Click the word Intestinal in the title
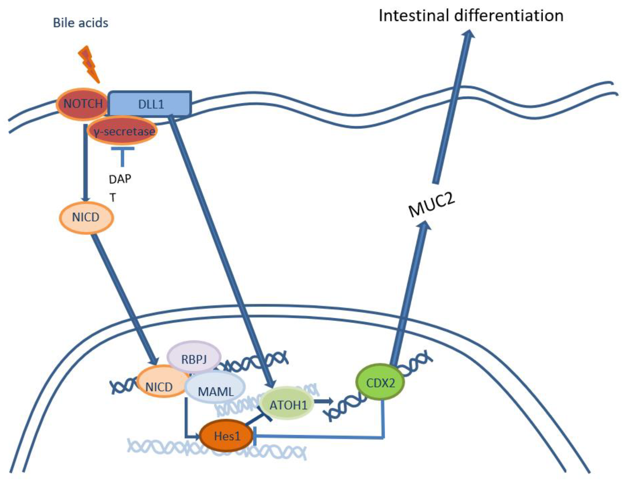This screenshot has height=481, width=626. pyautogui.click(x=414, y=16)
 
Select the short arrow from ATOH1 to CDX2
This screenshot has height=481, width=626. pyautogui.click(x=323, y=401)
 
